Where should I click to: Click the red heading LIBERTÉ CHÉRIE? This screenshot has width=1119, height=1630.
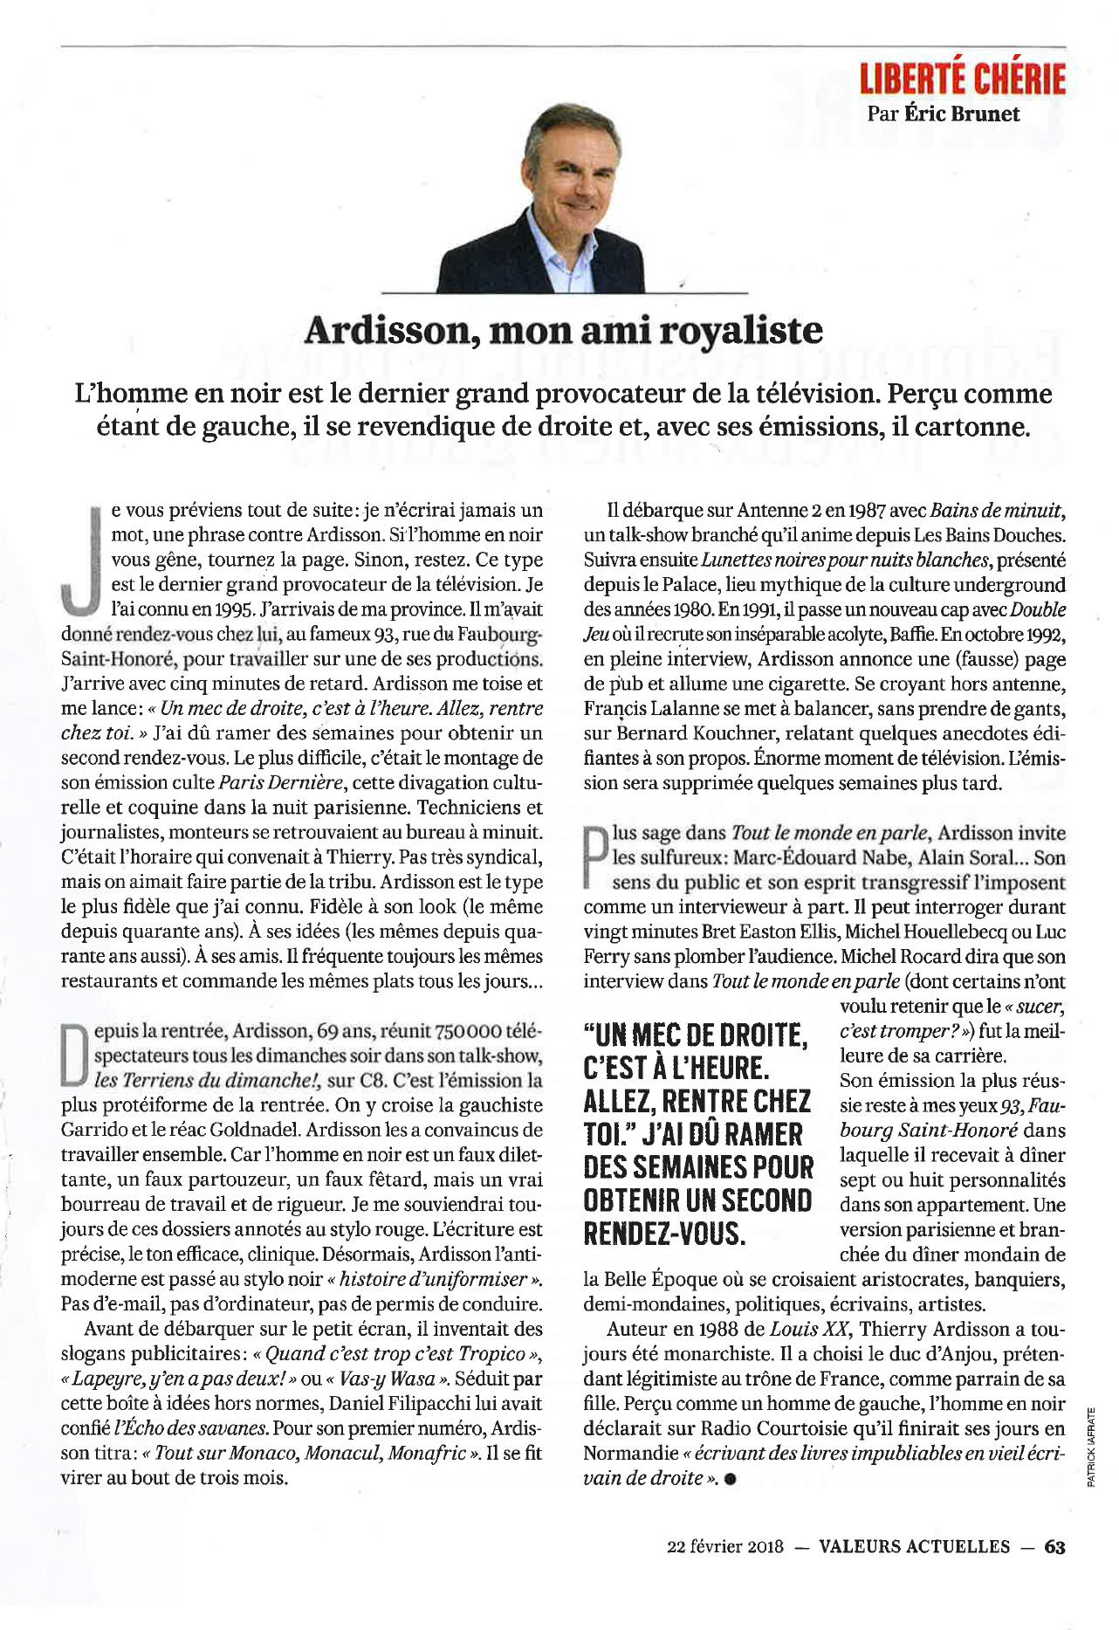click(x=962, y=79)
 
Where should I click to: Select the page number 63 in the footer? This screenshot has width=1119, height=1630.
click(x=1054, y=1546)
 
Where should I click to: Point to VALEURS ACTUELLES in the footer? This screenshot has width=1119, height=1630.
click(x=914, y=1546)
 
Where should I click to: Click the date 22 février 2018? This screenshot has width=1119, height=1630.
click(x=724, y=1546)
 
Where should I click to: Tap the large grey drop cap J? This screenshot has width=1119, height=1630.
click(x=81, y=559)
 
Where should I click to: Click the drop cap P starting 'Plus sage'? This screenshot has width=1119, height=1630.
click(x=595, y=856)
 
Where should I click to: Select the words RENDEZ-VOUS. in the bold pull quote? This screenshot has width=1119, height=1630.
click(x=664, y=1234)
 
